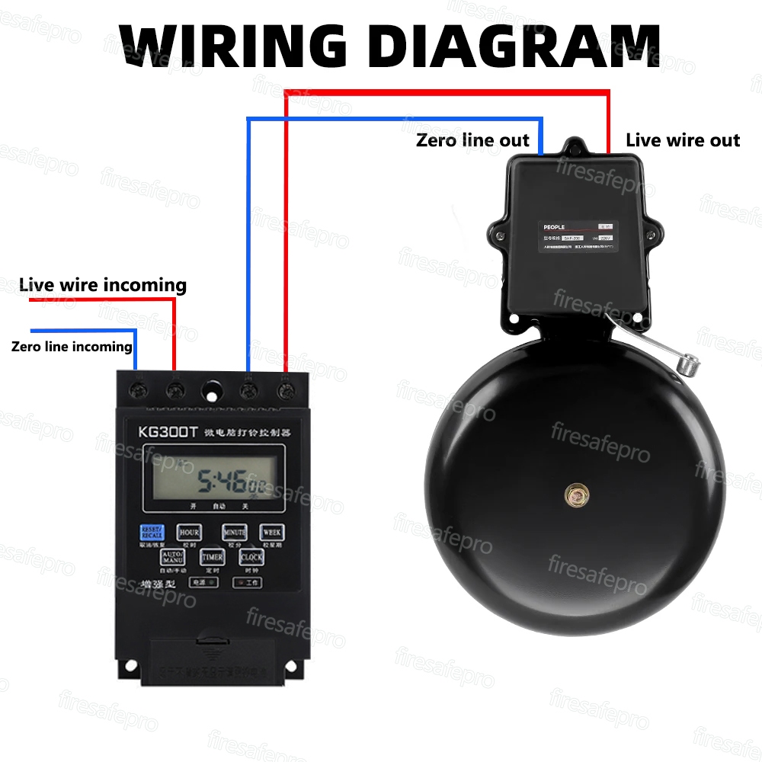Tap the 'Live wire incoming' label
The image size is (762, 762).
pos(103,285)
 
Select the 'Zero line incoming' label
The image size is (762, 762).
pos(72,347)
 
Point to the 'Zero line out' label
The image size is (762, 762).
pos(472,140)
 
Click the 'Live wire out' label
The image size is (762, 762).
pos(683,140)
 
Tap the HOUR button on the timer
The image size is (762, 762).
pos(189,532)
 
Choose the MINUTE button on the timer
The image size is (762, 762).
pos(235,532)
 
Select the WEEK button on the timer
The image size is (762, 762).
pos(272,532)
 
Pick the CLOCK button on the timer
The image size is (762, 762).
pos(251,558)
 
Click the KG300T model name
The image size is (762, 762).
pos(168,431)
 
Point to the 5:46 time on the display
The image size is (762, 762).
pos(221,481)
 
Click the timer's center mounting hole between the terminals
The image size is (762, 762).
pos(211,392)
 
